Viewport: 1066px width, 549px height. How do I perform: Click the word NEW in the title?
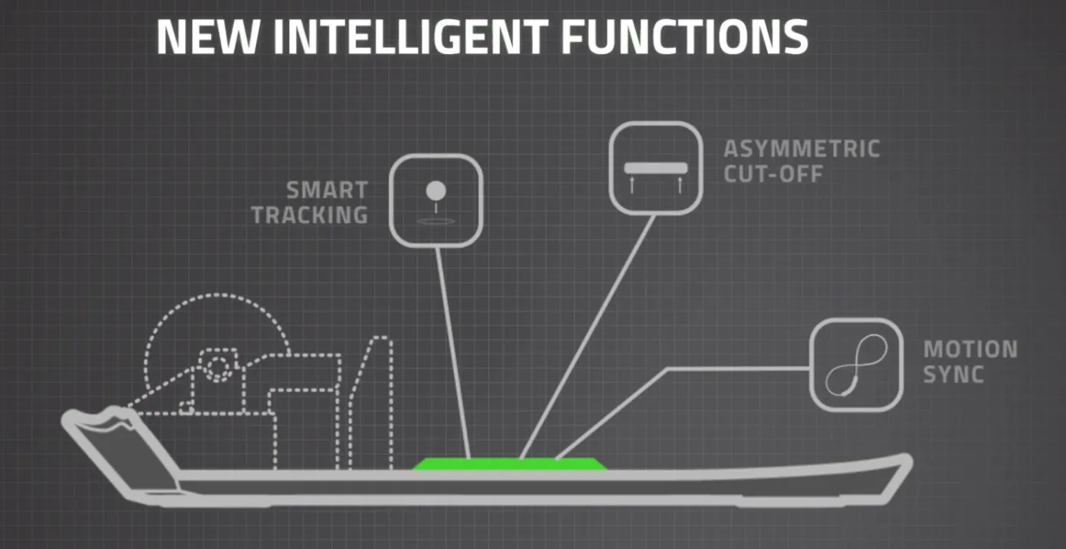coord(209,37)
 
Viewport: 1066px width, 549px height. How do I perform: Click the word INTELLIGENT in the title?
coord(411,37)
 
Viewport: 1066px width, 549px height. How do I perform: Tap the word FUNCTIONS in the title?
coord(685,37)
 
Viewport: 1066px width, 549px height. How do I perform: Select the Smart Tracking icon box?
coord(436,200)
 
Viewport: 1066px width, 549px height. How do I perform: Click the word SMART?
coord(327,190)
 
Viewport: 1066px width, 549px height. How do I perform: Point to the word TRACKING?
coord(310,215)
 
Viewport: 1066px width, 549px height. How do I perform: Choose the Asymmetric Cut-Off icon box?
coord(656,168)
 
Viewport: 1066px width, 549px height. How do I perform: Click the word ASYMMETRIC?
coord(802,149)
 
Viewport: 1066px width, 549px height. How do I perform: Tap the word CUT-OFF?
coord(774,174)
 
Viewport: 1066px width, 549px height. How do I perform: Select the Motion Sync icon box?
coord(857,365)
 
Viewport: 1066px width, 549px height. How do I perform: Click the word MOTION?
coord(970,350)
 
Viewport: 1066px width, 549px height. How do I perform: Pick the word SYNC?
coord(953,375)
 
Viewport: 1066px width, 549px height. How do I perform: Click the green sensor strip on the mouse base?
coord(509,464)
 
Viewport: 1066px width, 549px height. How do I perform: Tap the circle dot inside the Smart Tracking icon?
coord(436,191)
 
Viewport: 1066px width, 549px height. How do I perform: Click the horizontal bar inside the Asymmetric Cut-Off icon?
coord(656,168)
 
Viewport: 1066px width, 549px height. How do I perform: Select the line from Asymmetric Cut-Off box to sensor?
coord(588,337)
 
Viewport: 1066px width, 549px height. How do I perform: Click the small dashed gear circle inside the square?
coord(218,367)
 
